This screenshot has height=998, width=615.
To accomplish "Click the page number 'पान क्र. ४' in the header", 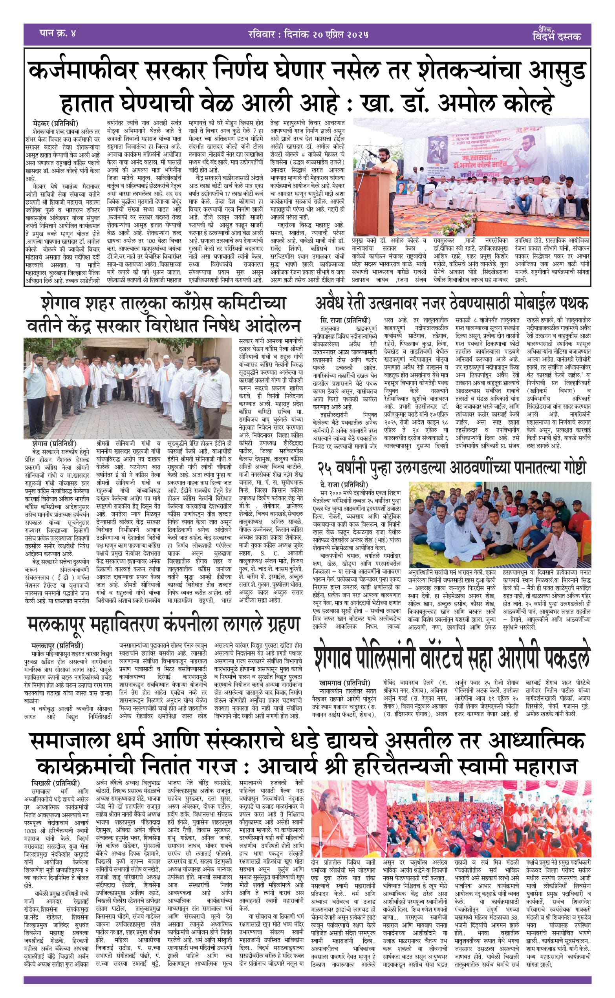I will point(57,33).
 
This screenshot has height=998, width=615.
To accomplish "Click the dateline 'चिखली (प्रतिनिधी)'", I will point(55,783).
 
